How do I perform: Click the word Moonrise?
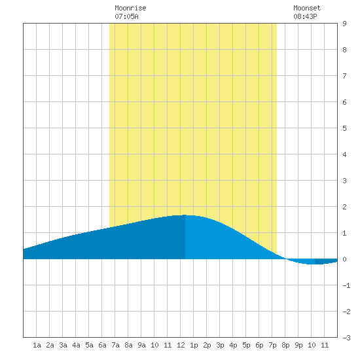tap(130, 8)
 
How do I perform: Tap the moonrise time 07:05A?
tap(126, 16)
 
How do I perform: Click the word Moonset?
tap(307, 8)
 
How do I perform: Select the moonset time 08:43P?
tap(305, 16)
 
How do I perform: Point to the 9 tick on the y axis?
tap(344, 24)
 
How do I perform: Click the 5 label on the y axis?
tap(344, 128)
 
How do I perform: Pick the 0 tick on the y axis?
tap(344, 259)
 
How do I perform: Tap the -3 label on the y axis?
tap(346, 338)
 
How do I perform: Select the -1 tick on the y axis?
tap(346, 285)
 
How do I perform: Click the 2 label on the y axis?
tap(344, 207)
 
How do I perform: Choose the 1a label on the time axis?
tap(37, 345)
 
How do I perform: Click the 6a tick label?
tap(102, 345)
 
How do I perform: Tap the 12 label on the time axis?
tap(181, 345)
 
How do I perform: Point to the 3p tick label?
tap(220, 345)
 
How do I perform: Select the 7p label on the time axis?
tap(272, 345)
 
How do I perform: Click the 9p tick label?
tap(298, 345)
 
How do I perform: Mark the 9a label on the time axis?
tap(141, 345)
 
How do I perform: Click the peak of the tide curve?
tap(185, 215)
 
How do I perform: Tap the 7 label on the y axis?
tap(344, 76)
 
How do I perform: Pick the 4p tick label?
tap(233, 345)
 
